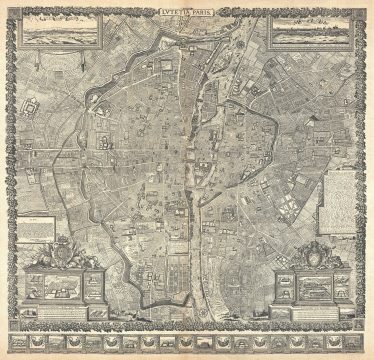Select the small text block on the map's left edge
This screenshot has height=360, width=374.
(x=35, y=222)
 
